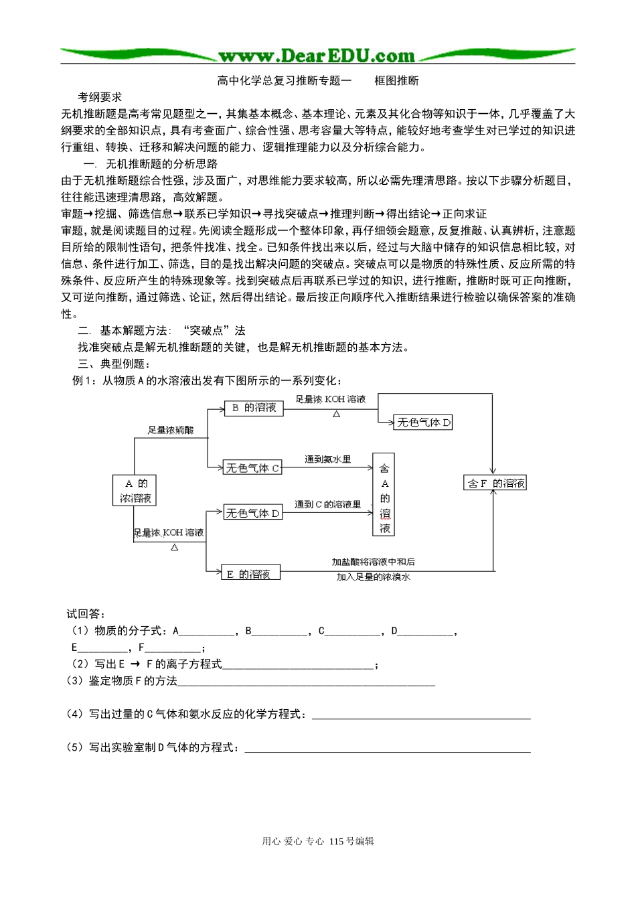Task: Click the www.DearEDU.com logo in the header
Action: coord(316,56)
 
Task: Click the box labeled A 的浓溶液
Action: coord(135,491)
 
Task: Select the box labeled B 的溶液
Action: coord(254,407)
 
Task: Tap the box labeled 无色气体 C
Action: coord(252,468)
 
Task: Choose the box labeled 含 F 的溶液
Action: coord(495,483)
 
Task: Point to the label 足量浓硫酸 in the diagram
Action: coord(171,430)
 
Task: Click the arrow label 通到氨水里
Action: coord(327,459)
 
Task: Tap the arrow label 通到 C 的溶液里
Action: coord(328,504)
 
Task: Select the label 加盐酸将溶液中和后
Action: coord(373,562)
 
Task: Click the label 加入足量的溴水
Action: coord(373,577)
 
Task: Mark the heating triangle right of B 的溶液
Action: coord(336,414)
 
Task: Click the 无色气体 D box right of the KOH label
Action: coord(424,422)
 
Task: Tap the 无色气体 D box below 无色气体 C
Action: coord(252,514)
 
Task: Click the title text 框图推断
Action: coord(396,80)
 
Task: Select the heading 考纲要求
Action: coord(100,97)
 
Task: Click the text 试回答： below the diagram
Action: coord(86,614)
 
